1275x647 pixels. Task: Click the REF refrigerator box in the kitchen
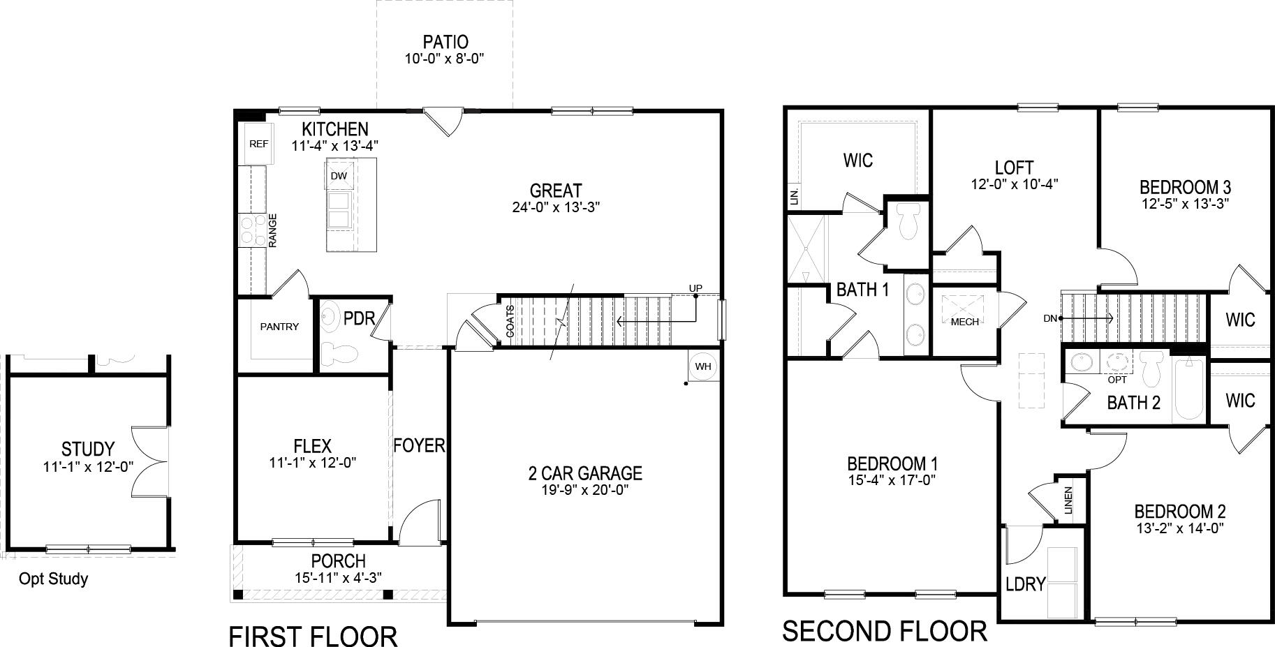[x=258, y=144]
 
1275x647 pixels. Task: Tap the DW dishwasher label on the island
[x=339, y=176]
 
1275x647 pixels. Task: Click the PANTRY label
[x=279, y=327]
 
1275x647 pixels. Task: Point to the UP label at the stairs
[x=695, y=288]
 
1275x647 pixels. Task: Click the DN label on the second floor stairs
[x=1050, y=318]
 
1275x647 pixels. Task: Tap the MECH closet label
[x=964, y=322]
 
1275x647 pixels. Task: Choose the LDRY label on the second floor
[x=1025, y=583]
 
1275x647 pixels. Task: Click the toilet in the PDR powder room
[x=341, y=353]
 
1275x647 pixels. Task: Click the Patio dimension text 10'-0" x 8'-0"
[x=444, y=59]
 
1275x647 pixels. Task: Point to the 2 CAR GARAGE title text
[x=584, y=473]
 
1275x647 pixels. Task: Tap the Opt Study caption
[x=53, y=579]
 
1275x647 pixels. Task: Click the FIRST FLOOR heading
[x=313, y=636]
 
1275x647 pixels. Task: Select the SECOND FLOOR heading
[x=884, y=631]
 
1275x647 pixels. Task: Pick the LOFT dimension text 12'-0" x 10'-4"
[x=1014, y=184]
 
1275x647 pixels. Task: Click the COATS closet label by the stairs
[x=510, y=321]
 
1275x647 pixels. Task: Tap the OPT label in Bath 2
[x=1117, y=380]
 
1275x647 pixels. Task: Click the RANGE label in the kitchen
[x=273, y=230]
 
